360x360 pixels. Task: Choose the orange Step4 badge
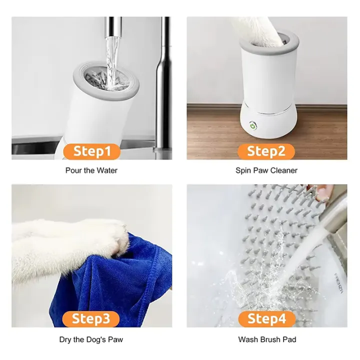266,318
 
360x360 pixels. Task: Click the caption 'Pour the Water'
91,170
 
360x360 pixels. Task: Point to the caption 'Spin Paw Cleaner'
266,170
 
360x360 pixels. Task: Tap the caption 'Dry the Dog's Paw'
91,339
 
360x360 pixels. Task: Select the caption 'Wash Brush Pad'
267,339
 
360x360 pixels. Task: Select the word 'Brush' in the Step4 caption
270,339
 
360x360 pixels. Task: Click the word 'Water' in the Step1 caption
107,170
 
